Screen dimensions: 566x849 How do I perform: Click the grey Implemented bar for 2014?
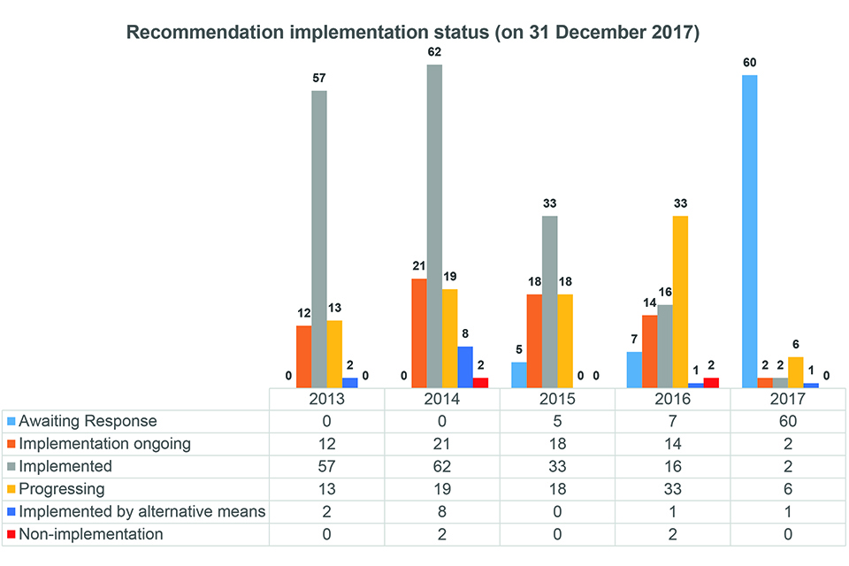point(434,226)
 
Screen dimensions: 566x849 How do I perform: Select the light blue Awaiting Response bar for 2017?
point(749,231)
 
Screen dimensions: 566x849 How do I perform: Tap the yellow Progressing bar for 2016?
point(680,301)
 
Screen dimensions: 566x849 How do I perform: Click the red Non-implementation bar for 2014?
point(480,382)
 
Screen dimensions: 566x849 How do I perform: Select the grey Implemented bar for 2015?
point(549,301)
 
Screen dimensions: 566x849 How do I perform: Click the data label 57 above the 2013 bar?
point(318,78)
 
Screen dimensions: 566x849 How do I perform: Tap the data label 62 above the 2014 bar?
point(434,52)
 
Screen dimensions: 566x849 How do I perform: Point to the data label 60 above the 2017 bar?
point(749,63)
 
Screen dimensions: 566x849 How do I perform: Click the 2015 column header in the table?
point(557,399)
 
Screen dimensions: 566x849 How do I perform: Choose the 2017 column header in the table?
point(787,399)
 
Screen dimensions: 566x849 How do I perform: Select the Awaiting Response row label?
point(88,421)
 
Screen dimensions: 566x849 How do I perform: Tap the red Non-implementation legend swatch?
point(10,534)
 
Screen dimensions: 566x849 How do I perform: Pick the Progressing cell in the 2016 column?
point(672,489)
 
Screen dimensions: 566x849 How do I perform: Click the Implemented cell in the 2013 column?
point(327,466)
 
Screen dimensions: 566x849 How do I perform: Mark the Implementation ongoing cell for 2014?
point(442,444)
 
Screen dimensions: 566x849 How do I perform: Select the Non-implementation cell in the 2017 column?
point(787,534)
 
